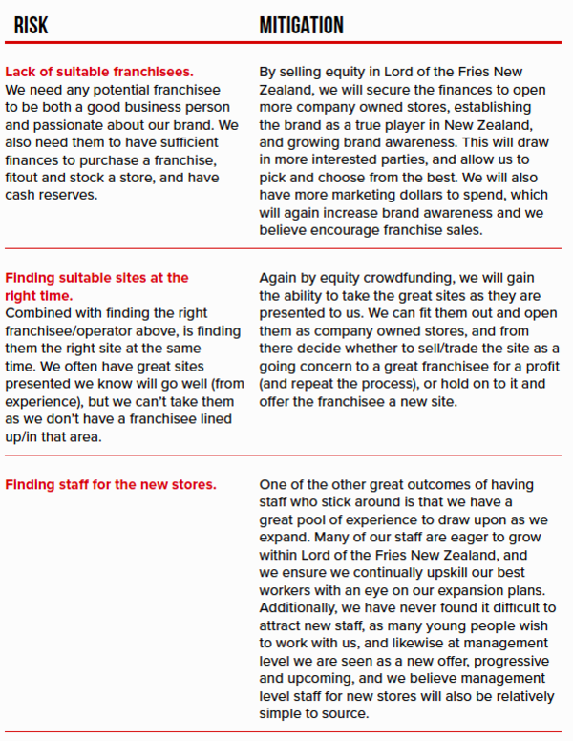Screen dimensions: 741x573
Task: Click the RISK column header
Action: pos(31,26)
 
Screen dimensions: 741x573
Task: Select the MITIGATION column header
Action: pos(301,26)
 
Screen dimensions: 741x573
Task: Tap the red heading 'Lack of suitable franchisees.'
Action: pos(99,71)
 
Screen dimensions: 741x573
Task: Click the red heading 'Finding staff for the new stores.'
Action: pos(111,485)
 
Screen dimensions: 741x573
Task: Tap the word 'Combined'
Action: pos(36,313)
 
